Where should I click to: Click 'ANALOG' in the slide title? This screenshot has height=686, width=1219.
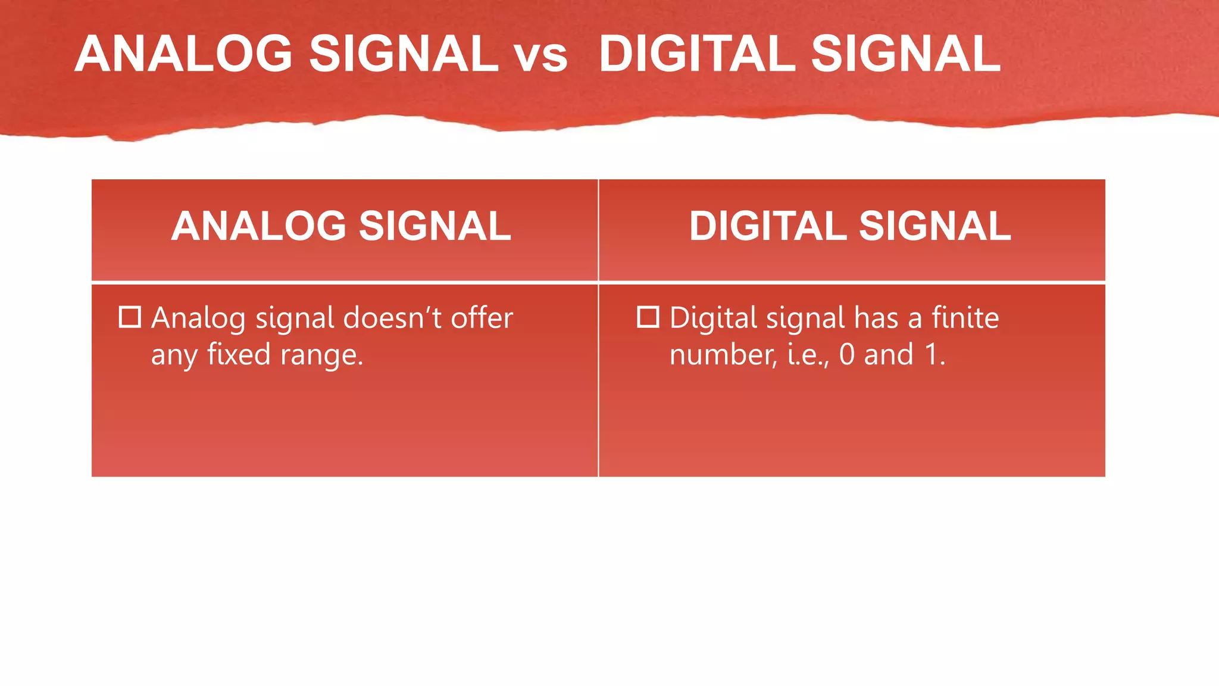point(183,54)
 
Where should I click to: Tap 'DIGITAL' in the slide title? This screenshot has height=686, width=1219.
point(696,54)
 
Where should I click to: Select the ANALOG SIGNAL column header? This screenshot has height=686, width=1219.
point(341,227)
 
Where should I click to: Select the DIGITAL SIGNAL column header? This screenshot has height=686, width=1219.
point(849,227)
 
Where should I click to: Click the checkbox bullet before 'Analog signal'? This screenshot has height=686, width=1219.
point(130,317)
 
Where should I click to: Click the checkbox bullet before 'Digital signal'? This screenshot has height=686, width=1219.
point(648,317)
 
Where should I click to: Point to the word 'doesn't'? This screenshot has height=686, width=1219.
point(392,318)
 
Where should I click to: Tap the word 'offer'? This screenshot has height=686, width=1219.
point(482,318)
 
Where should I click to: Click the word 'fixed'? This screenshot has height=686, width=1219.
point(239,354)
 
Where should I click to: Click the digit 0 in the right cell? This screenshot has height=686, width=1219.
point(846,355)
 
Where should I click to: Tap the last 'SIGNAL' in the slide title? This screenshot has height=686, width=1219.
point(905,54)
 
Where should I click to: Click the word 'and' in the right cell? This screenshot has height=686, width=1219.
point(889,355)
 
